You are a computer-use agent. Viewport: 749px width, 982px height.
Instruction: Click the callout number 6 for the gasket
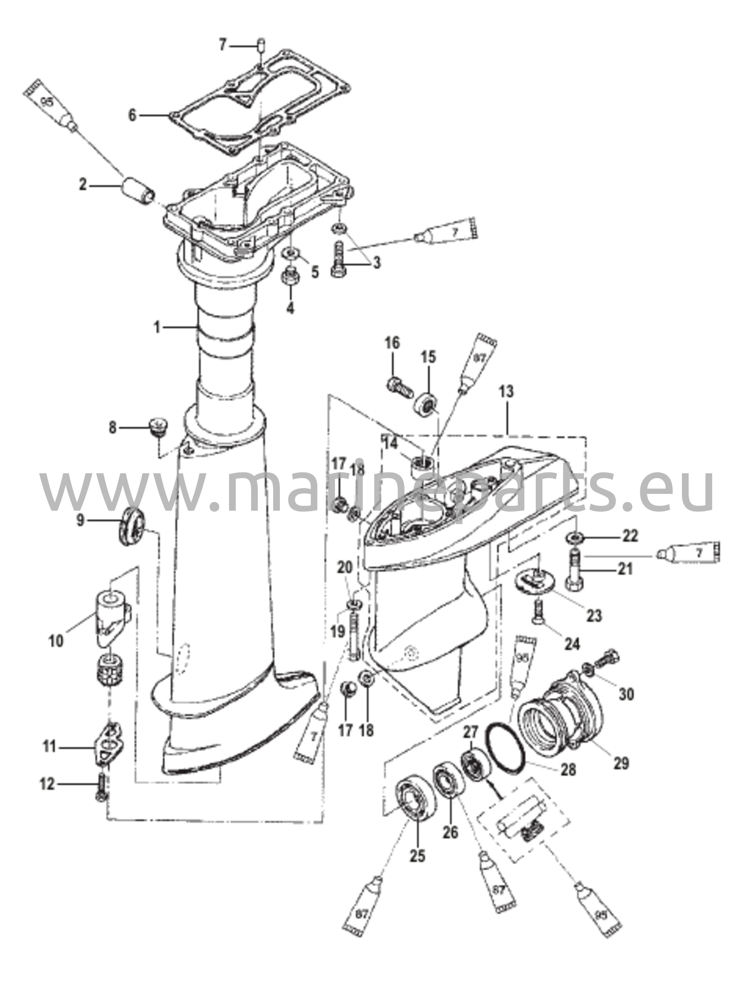point(133,115)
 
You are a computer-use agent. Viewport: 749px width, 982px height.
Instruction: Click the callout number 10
point(56,641)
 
